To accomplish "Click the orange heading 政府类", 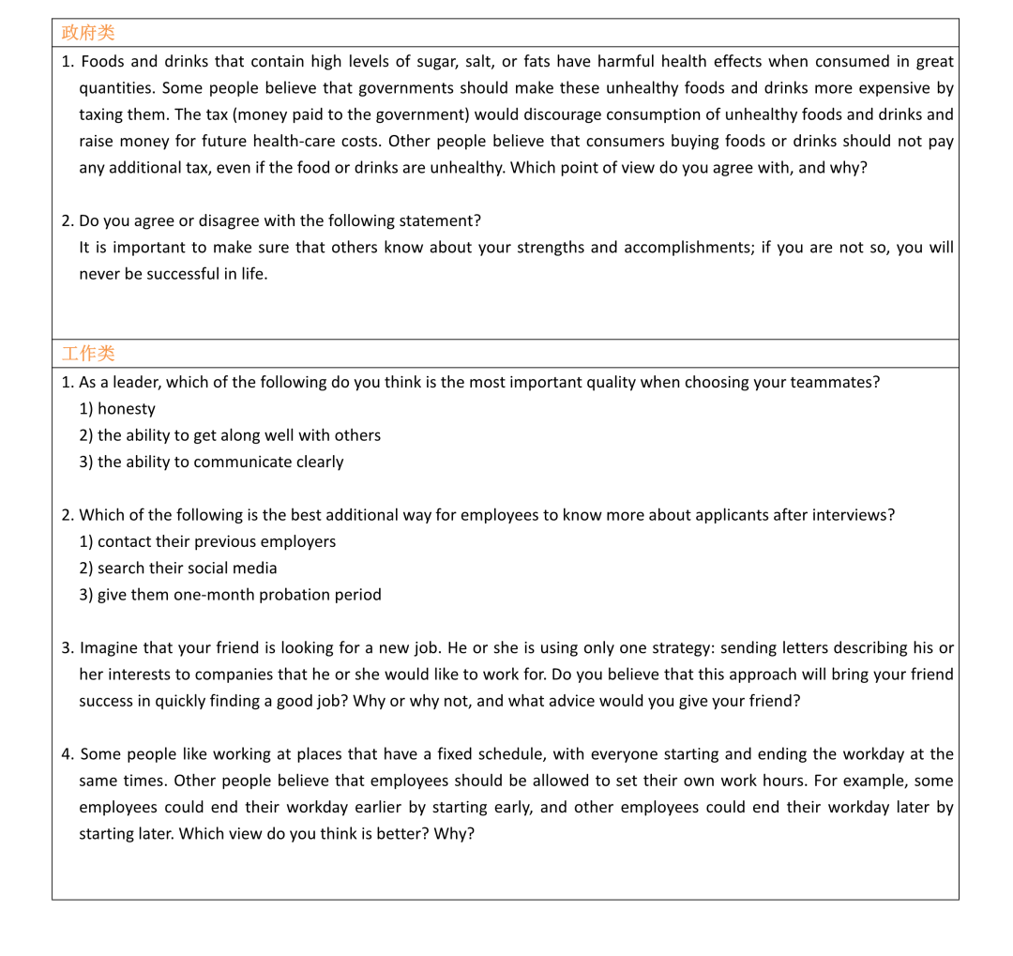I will pyautogui.click(x=88, y=33).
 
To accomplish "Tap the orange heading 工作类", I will pyautogui.click(x=88, y=354).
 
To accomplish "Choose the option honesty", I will pyautogui.click(x=127, y=409).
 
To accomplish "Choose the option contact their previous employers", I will pyautogui.click(x=216, y=541).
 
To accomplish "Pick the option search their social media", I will pyautogui.click(x=187, y=568).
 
